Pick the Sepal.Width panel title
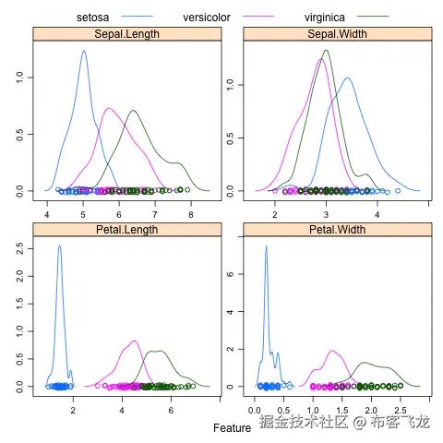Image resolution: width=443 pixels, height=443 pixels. click(x=337, y=35)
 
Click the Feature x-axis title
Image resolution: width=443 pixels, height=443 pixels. click(x=232, y=428)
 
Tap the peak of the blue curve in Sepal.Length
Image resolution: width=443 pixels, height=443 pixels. click(x=84, y=52)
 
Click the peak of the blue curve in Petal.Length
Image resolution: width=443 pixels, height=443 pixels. click(x=59, y=245)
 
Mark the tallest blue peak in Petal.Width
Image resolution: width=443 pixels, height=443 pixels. click(x=266, y=245)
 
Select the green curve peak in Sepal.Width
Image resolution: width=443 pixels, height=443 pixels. click(x=326, y=51)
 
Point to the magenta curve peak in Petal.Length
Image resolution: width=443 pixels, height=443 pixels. click(x=134, y=341)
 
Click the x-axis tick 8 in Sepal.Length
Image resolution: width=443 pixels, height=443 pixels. click(x=191, y=214)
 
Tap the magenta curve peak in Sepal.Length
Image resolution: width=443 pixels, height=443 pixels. click(x=108, y=108)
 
